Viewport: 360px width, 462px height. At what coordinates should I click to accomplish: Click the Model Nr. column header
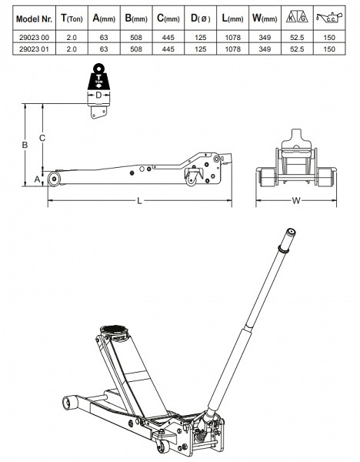coord(34,19)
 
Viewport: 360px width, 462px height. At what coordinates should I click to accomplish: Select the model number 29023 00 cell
coord(34,38)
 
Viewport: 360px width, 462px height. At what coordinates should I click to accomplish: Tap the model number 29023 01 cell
coord(34,49)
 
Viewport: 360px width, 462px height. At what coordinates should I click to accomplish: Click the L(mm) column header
coord(232,18)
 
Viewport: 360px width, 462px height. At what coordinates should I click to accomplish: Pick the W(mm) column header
coord(265,18)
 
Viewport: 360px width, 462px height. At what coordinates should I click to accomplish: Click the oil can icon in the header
coord(329,18)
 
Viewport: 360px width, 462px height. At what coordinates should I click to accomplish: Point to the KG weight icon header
coord(297,18)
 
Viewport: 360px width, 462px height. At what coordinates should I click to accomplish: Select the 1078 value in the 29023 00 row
coord(232,38)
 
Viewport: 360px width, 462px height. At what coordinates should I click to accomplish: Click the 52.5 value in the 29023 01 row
coord(297,49)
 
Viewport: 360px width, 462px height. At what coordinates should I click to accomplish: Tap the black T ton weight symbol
coord(99,77)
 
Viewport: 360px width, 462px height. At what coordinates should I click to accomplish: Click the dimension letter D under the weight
coord(99,95)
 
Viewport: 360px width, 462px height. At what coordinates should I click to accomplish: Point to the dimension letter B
coord(25,145)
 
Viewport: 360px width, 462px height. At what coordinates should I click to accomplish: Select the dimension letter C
coord(42,138)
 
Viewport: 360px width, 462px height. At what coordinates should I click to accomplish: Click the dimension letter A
coord(37,179)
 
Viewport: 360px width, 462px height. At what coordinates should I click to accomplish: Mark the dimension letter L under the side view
coord(139,201)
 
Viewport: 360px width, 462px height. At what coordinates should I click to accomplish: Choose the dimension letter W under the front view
coord(296,201)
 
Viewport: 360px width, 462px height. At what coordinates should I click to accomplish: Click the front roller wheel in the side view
coord(54,179)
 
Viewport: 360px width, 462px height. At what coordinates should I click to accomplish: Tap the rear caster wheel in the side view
coord(191,180)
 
